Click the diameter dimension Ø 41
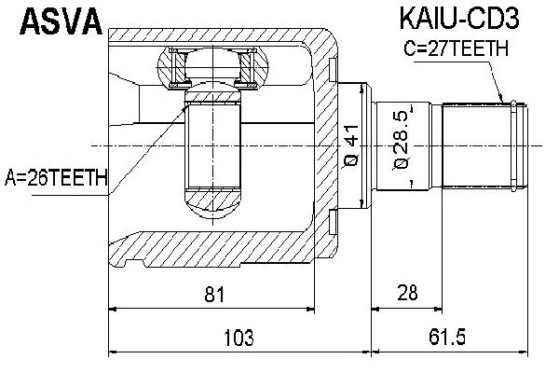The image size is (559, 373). (x=351, y=145)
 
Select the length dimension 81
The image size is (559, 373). (x=215, y=295)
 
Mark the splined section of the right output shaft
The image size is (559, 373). (x=475, y=145)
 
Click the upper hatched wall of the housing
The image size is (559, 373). (x=224, y=35)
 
